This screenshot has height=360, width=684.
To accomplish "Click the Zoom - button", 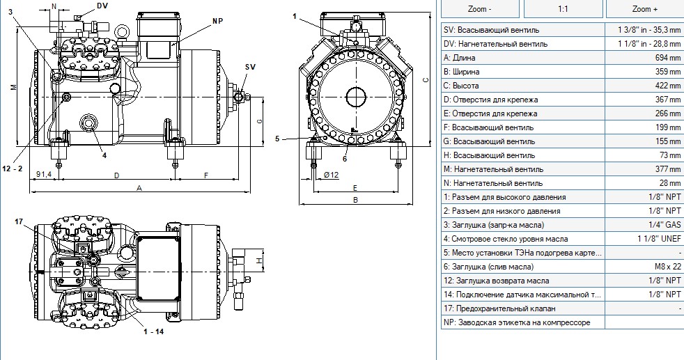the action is [x=480, y=9].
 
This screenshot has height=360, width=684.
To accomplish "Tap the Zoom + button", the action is [x=645, y=9].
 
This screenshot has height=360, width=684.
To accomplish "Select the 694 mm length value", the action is [x=668, y=58].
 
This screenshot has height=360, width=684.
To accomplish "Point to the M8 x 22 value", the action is [x=668, y=267].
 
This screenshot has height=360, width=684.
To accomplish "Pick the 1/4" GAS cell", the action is [x=664, y=225].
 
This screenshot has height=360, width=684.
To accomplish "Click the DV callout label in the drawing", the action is [x=102, y=6].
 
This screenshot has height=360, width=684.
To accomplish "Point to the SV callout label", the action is [x=250, y=67].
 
